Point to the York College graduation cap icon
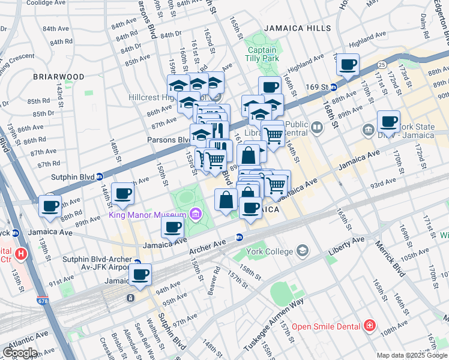(x=302, y=250)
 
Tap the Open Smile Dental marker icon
(x=370, y=326)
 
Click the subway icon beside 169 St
(x=333, y=87)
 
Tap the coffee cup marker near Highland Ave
(x=348, y=65)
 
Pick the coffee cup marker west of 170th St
(x=388, y=121)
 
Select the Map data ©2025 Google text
(x=411, y=355)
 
